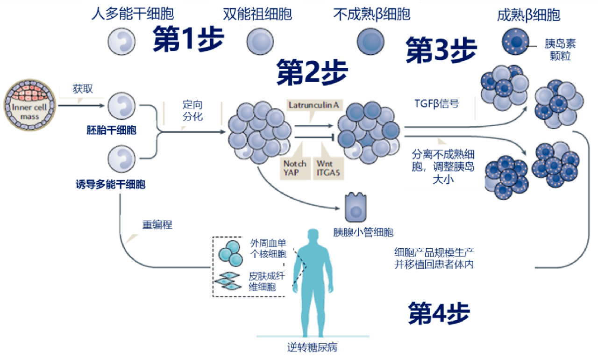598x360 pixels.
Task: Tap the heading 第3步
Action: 441,50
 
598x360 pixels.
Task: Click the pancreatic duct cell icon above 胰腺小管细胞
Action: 356,209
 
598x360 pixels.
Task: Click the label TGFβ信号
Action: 436,103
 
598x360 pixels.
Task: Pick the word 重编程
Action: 157,225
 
